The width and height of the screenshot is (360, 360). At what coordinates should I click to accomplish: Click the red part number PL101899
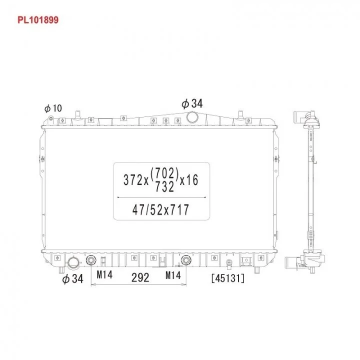point(38,20)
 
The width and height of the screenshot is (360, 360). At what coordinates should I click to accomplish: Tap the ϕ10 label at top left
point(53,108)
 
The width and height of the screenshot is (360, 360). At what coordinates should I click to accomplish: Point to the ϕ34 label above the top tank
point(192,103)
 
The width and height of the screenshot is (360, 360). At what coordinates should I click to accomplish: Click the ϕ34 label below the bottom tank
point(73,278)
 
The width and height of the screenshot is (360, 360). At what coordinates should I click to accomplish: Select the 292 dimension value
point(140,277)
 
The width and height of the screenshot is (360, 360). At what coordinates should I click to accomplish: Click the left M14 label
point(104,274)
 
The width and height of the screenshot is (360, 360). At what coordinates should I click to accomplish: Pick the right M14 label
point(173,275)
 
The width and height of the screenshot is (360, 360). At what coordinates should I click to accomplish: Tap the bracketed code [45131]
point(228,278)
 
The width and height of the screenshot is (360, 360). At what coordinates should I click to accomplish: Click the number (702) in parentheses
point(164,173)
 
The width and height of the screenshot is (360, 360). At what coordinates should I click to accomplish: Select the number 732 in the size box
point(164,186)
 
